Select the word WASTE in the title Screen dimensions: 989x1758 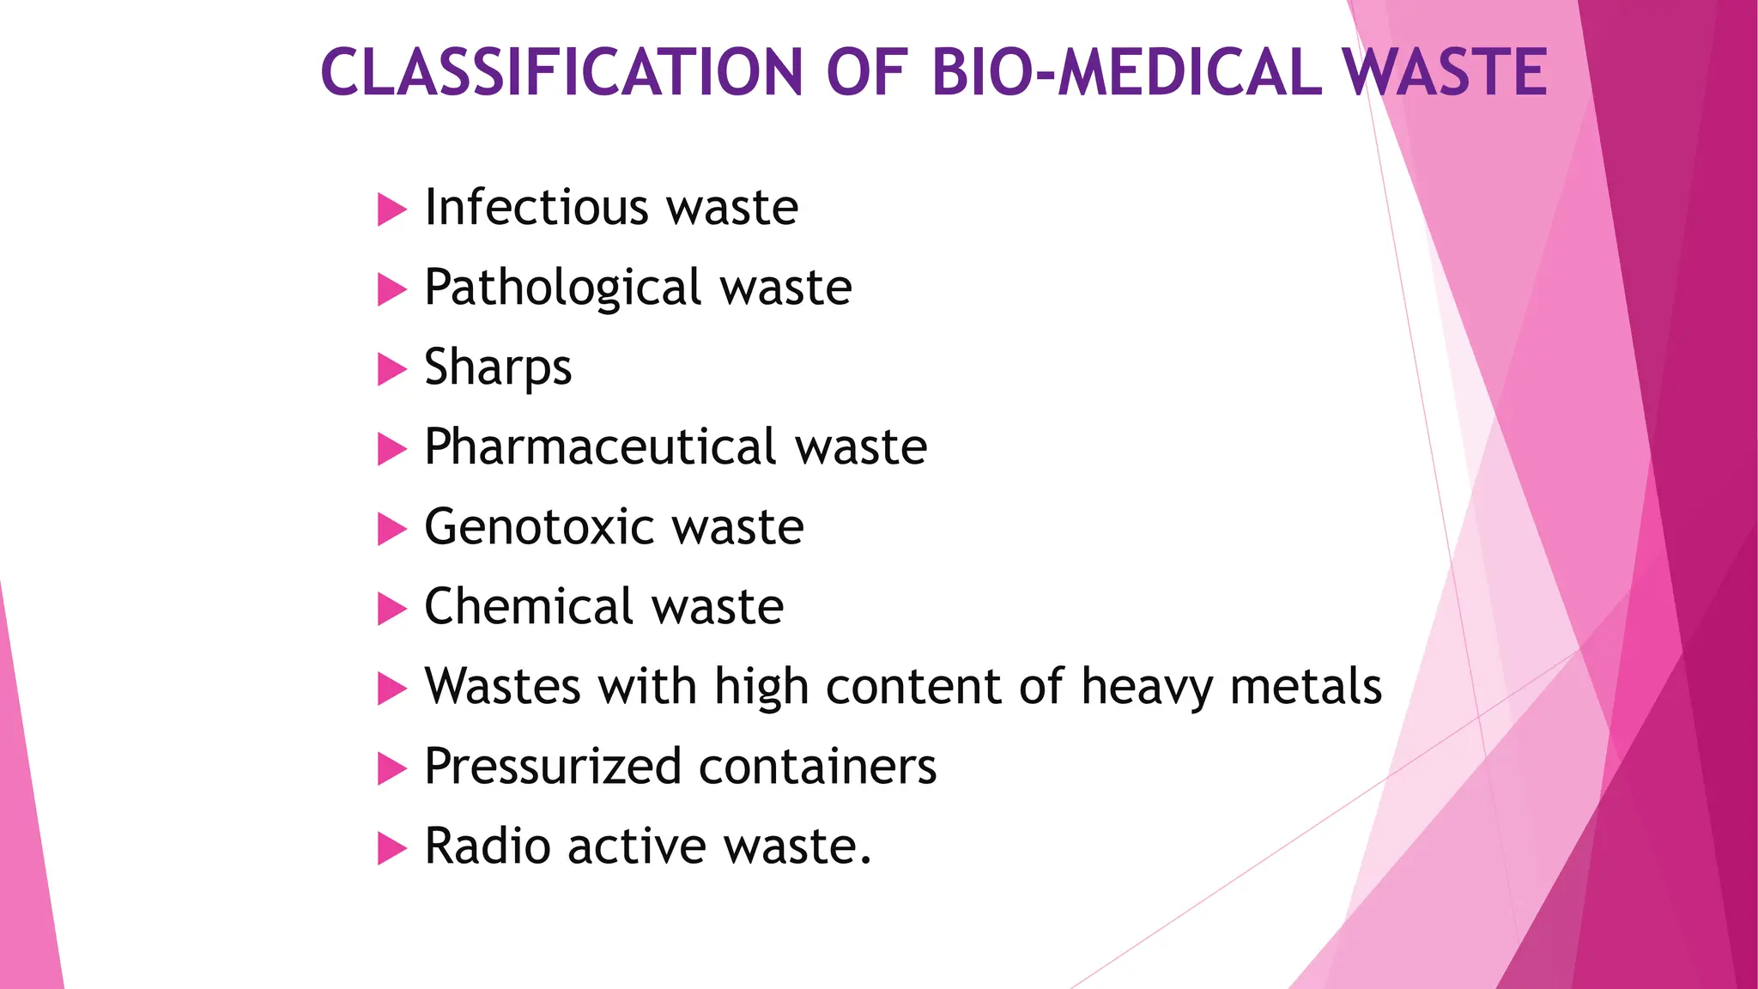[1446, 72]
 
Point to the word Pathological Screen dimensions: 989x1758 [563, 288]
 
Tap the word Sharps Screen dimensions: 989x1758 [498, 367]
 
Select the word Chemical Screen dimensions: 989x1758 [529, 607]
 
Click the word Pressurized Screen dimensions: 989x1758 [553, 767]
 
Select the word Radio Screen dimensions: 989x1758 [487, 846]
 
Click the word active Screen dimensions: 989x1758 [637, 846]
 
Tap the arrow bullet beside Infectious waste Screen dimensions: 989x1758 [391, 209]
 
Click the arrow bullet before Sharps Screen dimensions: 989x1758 [391, 369]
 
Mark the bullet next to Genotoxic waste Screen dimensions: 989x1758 [391, 529]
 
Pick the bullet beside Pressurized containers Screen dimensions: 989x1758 [391, 768]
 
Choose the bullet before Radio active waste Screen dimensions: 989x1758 [391, 848]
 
